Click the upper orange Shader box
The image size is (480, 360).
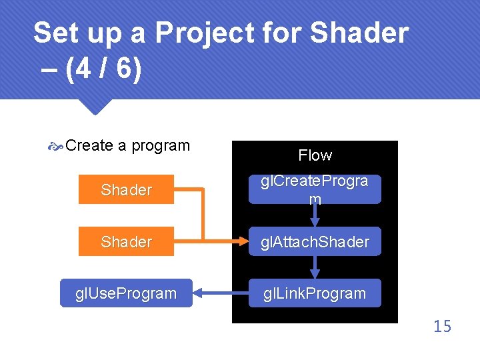tap(126, 190)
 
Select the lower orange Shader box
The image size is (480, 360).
tap(126, 242)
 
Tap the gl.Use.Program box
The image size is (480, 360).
tap(126, 293)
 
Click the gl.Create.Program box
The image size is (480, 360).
tap(315, 189)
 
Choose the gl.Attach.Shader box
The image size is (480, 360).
tap(315, 242)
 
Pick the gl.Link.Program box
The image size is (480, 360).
tap(315, 293)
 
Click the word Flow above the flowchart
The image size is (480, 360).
tap(315, 155)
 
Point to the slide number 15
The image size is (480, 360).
tap(441, 326)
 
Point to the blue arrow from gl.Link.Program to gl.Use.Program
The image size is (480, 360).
tap(220, 293)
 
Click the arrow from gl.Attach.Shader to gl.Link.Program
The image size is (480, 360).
tap(315, 267)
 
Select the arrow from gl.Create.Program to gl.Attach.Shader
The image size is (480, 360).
tap(315, 215)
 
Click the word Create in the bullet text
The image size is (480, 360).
tap(89, 145)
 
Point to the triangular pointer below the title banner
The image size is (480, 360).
tap(93, 107)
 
